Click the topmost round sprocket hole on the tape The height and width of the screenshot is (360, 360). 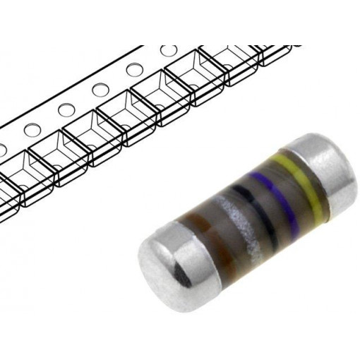click(x=168, y=51)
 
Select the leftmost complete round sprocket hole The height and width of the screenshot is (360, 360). click(x=30, y=130)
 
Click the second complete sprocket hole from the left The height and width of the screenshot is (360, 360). click(x=66, y=110)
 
